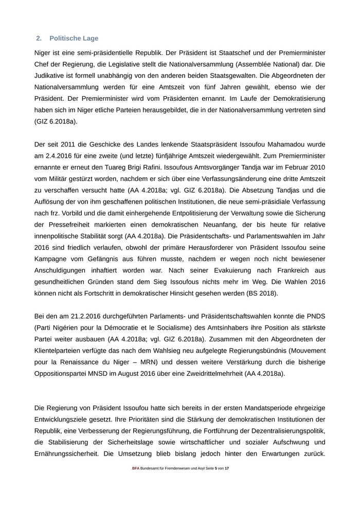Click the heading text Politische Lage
coord(74,39)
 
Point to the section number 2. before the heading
coord(39,39)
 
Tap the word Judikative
coord(50,76)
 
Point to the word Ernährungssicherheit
coord(67,454)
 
